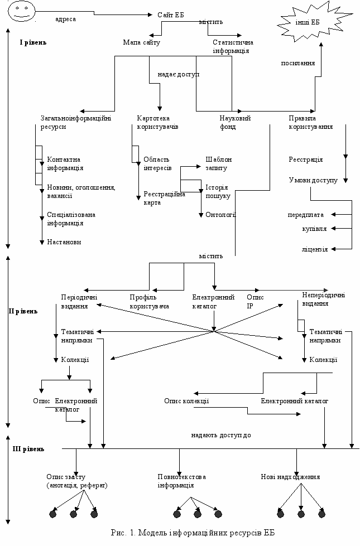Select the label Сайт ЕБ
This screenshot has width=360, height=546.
pyautogui.click(x=171, y=15)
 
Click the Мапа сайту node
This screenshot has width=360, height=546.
pyautogui.click(x=142, y=42)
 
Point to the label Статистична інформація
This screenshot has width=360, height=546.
pyautogui.click(x=233, y=47)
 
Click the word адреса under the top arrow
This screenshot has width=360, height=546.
pyautogui.click(x=65, y=19)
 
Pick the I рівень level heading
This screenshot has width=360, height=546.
pyautogui.click(x=33, y=42)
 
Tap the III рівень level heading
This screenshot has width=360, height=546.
pyautogui.click(x=28, y=449)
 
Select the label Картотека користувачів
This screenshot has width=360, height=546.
pyautogui.click(x=157, y=122)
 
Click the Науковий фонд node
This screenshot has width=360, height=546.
pyautogui.click(x=235, y=122)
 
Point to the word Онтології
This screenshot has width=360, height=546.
pyautogui.click(x=221, y=215)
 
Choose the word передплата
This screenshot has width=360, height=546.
pyautogui.click(x=306, y=215)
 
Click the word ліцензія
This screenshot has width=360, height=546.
pyautogui.click(x=315, y=249)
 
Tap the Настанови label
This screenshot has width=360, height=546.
pyautogui.click(x=64, y=242)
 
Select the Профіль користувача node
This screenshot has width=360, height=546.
pyautogui.click(x=150, y=302)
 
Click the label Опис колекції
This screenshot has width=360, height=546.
pyautogui.click(x=186, y=401)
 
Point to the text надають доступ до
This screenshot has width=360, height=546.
pyautogui.click(x=221, y=435)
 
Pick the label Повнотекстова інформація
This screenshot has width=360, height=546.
pyautogui.click(x=181, y=481)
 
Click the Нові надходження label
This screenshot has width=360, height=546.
pyautogui.click(x=290, y=477)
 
